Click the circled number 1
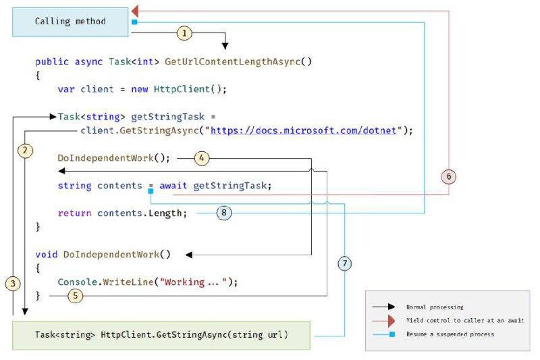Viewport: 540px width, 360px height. tap(184, 33)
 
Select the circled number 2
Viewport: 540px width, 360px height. tap(25, 151)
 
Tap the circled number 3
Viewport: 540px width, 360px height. tap(13, 284)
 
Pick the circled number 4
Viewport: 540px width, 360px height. tap(202, 158)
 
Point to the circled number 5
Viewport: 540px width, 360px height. tap(76, 296)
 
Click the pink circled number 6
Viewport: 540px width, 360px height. tap(449, 177)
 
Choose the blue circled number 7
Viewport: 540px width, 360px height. tap(345, 263)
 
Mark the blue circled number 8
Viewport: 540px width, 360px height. tap(224, 213)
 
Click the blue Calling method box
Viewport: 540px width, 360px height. tap(70, 22)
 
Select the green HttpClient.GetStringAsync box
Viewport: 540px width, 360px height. tap(161, 335)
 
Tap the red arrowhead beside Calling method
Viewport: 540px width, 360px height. tap(135, 11)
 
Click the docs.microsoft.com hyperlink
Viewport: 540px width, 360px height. tap(303, 130)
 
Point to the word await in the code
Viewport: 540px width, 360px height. tap(173, 186)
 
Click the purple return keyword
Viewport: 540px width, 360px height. tap(74, 213)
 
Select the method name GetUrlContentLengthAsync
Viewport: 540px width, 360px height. tap(232, 61)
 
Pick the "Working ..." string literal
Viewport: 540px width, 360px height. tap(196, 282)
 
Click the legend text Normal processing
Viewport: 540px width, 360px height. tap(435, 307)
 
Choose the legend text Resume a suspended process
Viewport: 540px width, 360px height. tap(450, 334)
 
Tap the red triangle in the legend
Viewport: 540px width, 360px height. tap(391, 321)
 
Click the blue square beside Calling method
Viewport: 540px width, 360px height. tap(134, 22)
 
